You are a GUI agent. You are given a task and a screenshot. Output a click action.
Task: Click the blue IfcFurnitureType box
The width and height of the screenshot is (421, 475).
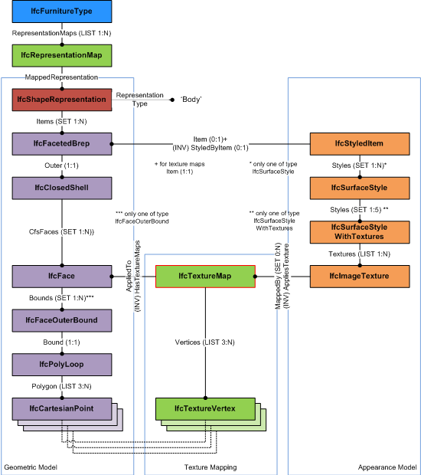[62, 12]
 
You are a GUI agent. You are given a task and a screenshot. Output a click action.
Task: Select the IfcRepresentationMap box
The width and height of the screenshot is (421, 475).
[62, 55]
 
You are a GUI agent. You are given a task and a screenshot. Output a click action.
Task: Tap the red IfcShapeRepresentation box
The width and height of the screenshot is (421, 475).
[62, 100]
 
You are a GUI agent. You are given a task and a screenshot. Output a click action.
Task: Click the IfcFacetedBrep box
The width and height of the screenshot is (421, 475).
[62, 143]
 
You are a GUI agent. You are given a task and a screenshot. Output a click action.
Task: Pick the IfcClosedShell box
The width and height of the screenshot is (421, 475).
[62, 188]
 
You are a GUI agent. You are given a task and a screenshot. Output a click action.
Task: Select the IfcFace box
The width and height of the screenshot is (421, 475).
[62, 276]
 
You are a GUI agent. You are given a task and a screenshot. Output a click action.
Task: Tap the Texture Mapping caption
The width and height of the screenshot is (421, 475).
[210, 467]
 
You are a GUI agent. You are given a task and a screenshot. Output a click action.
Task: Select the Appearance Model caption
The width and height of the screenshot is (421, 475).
[387, 467]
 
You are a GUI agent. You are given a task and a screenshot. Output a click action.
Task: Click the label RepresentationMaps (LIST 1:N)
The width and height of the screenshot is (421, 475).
[62, 34]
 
